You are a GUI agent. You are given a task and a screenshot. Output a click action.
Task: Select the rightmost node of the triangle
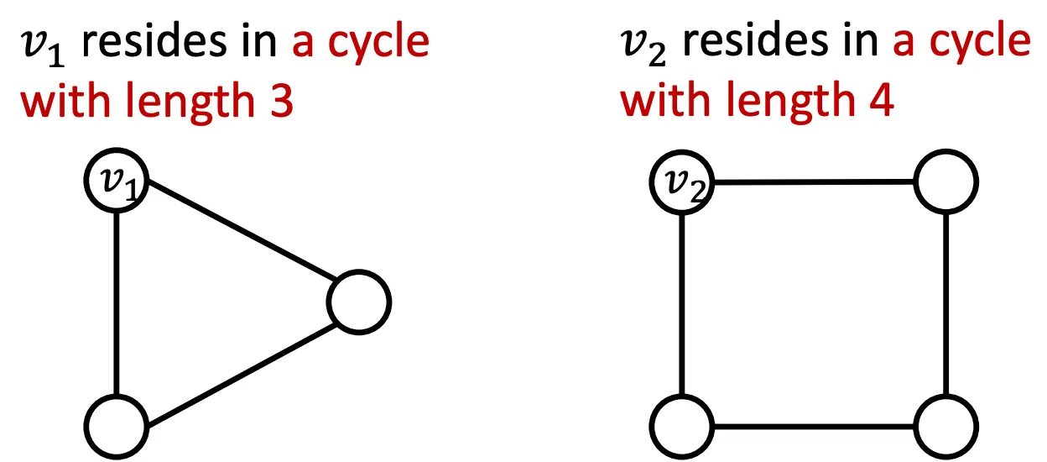point(360,302)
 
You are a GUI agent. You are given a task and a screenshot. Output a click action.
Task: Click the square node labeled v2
point(682,182)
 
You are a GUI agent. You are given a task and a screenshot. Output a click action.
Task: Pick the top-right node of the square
point(945,182)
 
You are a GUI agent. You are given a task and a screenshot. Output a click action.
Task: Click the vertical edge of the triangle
point(117,302)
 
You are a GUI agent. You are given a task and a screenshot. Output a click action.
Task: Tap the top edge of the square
point(814,182)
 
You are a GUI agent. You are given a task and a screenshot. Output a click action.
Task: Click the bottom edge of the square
point(814,425)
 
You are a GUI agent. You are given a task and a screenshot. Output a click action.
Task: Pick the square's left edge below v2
point(682,302)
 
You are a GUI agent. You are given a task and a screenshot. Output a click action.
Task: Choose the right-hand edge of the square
point(945,302)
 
